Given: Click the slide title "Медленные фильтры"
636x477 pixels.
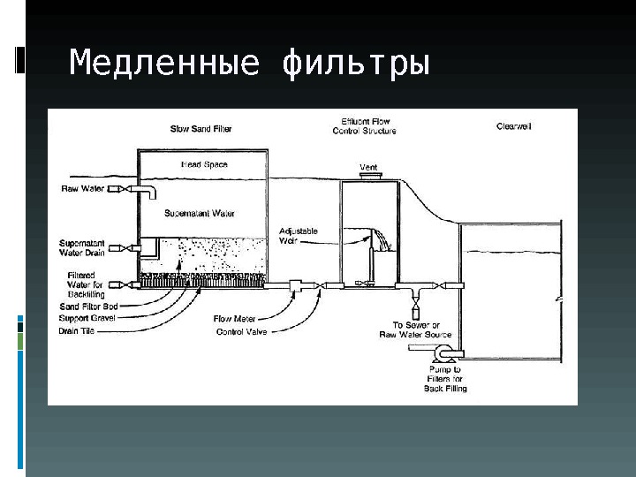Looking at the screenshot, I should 249,64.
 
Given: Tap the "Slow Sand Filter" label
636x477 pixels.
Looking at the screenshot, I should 201,129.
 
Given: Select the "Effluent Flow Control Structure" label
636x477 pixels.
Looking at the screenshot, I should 364,125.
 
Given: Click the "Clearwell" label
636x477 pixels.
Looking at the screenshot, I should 513,127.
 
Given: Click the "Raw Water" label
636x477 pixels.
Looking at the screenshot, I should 82,188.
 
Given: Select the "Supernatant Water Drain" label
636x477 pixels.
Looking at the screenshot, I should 82,248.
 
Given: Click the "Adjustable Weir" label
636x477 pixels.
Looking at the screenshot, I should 298,235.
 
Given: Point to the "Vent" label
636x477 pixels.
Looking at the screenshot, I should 368,167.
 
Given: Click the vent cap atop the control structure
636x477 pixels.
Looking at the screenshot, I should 369,177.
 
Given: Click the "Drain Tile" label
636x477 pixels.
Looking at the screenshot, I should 77,331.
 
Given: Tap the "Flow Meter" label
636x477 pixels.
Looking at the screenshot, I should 234,318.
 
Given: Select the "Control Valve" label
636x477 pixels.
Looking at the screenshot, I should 241,332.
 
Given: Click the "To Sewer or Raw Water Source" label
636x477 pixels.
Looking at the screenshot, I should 415,330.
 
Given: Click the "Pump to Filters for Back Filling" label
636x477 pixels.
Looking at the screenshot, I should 445,379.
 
